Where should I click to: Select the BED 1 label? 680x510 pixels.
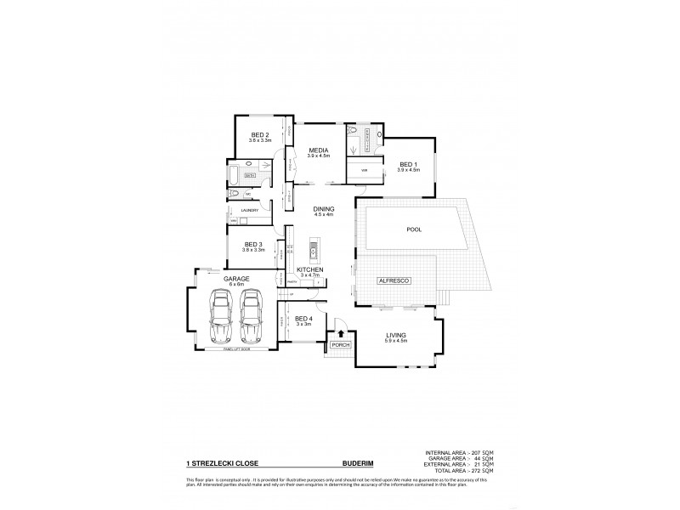pos(409,165)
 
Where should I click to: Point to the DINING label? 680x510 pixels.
pos(324,210)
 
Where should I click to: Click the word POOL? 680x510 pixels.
pos(414,229)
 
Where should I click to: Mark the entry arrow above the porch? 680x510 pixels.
pos(340,334)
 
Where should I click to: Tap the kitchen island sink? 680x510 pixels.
pos(313,250)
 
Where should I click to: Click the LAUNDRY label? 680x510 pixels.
pos(249,209)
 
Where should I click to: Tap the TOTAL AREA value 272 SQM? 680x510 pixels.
pos(481,471)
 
